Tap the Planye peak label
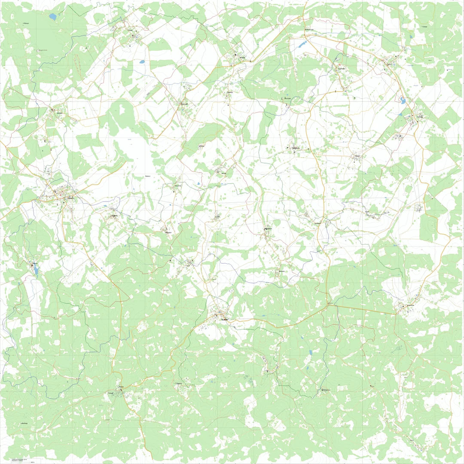[26, 23]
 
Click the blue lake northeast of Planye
[52, 17]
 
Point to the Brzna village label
[242, 57]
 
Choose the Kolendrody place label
[309, 30]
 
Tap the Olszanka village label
[178, 186]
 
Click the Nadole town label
[224, 320]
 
